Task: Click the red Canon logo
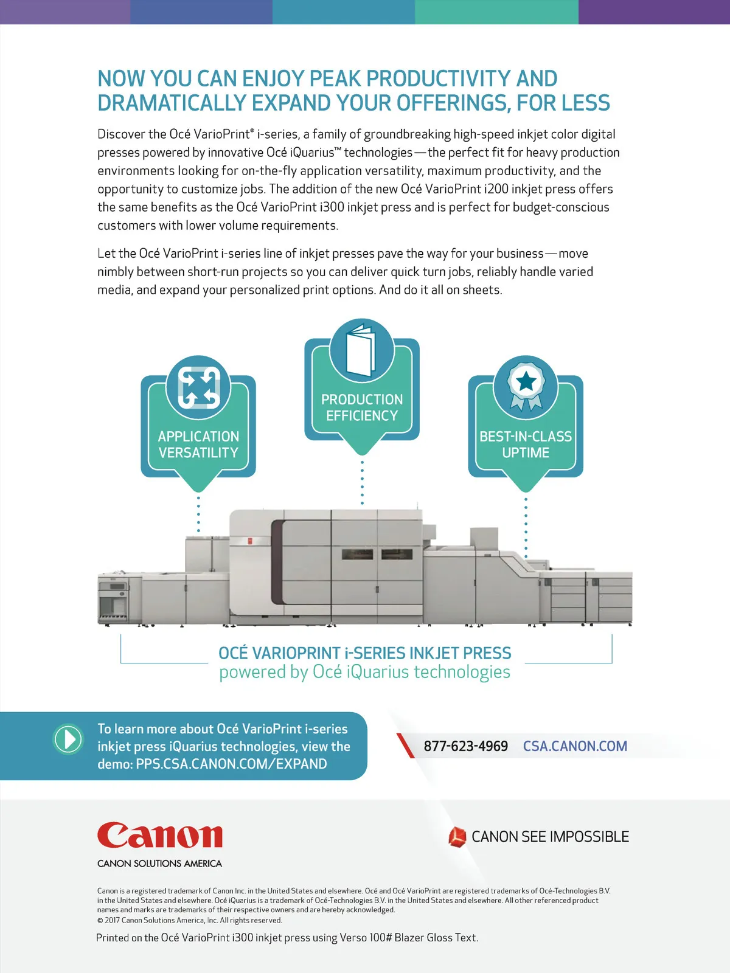tap(159, 836)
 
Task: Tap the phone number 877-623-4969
tap(465, 746)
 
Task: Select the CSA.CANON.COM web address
tap(575, 746)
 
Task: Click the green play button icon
tap(68, 739)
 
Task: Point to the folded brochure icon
tap(361, 350)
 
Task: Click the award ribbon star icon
tap(526, 383)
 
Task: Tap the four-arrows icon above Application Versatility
tap(198, 387)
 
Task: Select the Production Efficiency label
tap(362, 407)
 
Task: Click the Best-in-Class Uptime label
tap(526, 445)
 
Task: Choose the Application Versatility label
tap(198, 445)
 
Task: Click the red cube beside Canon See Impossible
tap(457, 837)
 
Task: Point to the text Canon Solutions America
tap(159, 864)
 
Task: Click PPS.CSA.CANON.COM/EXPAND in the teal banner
tap(231, 764)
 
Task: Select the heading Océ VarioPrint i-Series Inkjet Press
tap(365, 653)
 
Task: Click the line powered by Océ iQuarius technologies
tap(365, 672)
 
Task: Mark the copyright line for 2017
tap(190, 920)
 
